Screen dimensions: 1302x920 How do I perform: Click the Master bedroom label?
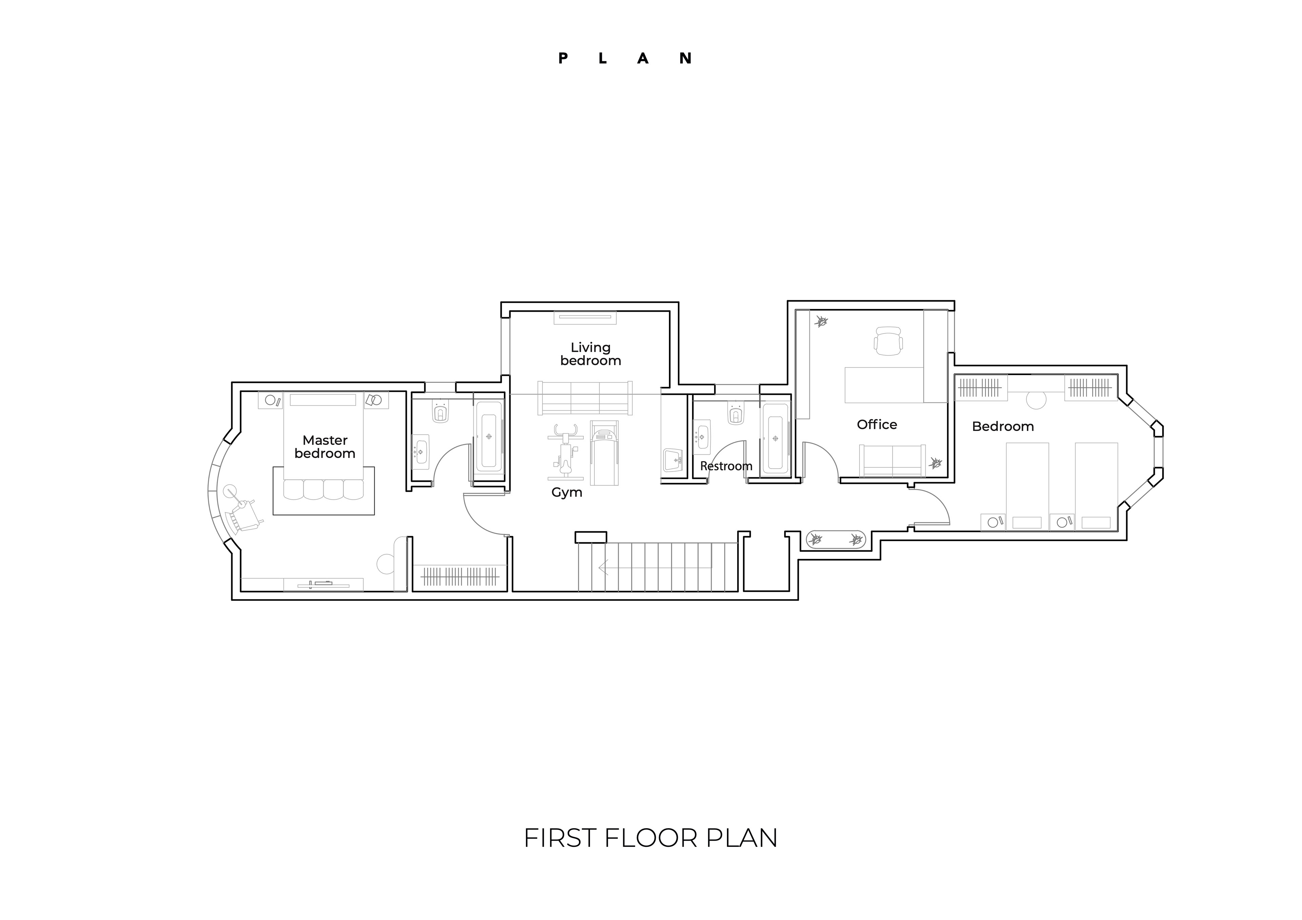coord(325,447)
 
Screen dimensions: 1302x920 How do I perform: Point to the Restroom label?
coord(726,466)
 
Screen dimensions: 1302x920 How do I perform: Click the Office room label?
coord(877,425)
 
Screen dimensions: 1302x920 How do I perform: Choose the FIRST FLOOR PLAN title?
coord(650,838)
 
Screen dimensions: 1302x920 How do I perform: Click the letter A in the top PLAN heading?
coord(643,58)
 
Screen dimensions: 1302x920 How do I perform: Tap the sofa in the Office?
coord(892,461)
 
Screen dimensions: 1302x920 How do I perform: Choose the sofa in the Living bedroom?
coord(585,397)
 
